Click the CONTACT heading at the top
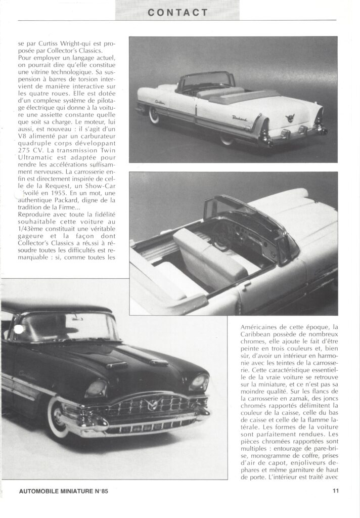tap(177, 13)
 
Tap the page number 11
tap(336, 490)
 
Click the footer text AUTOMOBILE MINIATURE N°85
tap(63, 490)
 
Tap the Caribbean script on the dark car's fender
tap(28, 375)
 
